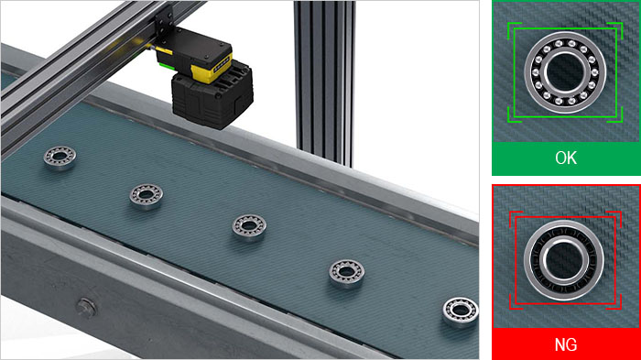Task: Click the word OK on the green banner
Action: pyautogui.click(x=566, y=158)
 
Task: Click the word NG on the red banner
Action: pyautogui.click(x=566, y=344)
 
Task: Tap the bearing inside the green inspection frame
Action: pyautogui.click(x=565, y=72)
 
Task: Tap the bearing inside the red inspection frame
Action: pyautogui.click(x=564, y=260)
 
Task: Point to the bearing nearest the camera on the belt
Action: pyautogui.click(x=60, y=158)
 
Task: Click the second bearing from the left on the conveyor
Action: pyautogui.click(x=146, y=196)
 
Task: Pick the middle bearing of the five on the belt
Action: pyautogui.click(x=249, y=227)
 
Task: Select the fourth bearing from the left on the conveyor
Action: pyautogui.click(x=347, y=273)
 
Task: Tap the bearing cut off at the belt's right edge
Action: pyautogui.click(x=461, y=311)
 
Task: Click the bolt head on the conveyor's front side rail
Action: pyautogui.click(x=86, y=307)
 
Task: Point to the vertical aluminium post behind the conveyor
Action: pyautogui.click(x=324, y=82)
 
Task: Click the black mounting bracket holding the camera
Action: pyautogui.click(x=166, y=26)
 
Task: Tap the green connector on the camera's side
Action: pyautogui.click(x=166, y=65)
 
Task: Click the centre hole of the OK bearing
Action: pyautogui.click(x=565, y=72)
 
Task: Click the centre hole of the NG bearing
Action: pyautogui.click(x=564, y=260)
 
